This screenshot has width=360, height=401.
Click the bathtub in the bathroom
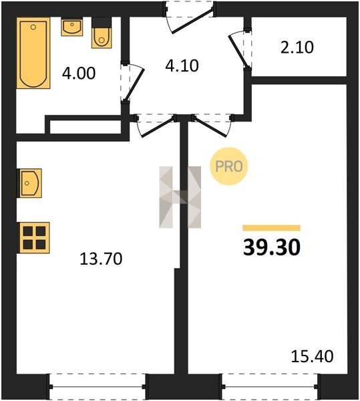(x=33, y=53)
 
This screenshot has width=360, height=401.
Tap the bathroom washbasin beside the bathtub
(x=71, y=27)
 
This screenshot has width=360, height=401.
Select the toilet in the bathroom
(x=102, y=33)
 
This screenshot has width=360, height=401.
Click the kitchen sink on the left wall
(x=29, y=183)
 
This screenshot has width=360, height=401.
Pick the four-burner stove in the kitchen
(x=33, y=238)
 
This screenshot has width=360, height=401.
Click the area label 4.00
(x=79, y=73)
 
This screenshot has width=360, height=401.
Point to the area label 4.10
(x=182, y=65)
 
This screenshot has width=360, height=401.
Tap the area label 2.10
(x=297, y=47)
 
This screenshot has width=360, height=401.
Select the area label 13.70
(x=101, y=259)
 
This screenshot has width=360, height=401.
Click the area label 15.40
(x=312, y=356)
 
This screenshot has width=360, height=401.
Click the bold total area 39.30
(x=272, y=247)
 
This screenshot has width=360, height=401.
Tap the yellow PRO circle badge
(x=228, y=166)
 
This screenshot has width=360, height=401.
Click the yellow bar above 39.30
(x=271, y=228)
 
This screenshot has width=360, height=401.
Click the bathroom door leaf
(x=134, y=85)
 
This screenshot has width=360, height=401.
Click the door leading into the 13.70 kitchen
(x=158, y=127)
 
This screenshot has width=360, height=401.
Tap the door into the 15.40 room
(x=211, y=126)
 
